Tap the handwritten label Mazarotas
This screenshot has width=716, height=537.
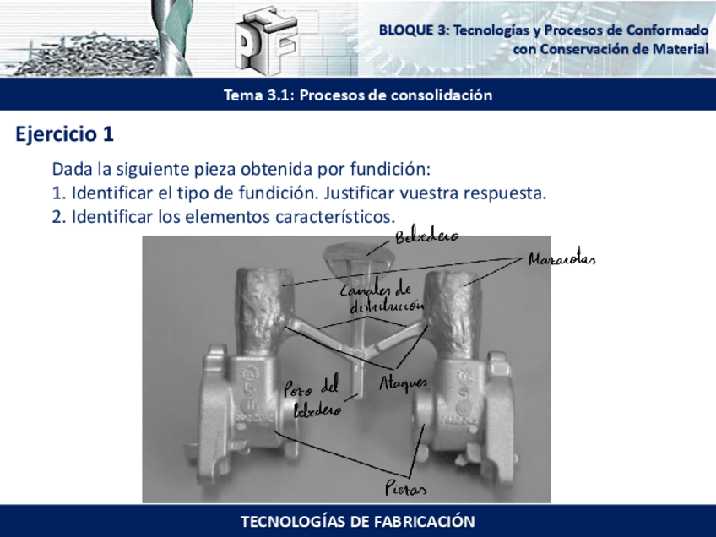561,259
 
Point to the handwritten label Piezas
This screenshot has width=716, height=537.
405,489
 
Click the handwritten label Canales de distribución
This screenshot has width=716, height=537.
377,299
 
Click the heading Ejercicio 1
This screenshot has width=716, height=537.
64,134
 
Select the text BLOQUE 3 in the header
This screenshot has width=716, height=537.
414,30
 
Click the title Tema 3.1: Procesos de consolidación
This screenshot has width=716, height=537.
357,95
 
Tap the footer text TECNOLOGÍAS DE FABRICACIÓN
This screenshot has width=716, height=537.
357,521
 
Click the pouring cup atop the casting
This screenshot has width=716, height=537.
350,257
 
